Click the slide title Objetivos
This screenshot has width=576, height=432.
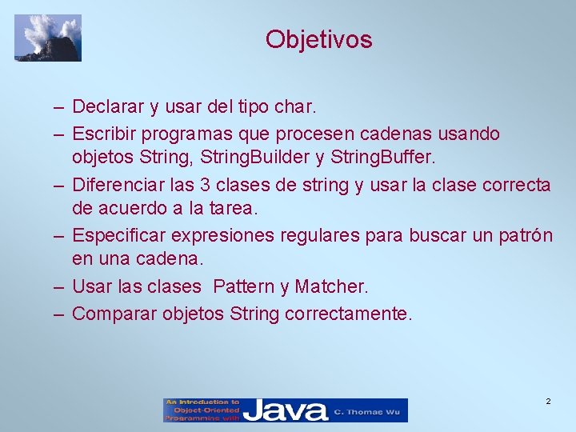pyautogui.click(x=318, y=39)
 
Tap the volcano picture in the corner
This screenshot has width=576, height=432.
pyautogui.click(x=48, y=38)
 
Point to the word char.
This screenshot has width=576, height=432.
pyautogui.click(x=297, y=106)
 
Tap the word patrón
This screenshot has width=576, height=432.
pyautogui.click(x=524, y=236)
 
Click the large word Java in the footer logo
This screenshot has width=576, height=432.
pyautogui.click(x=286, y=410)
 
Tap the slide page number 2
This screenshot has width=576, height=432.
pyautogui.click(x=548, y=401)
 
